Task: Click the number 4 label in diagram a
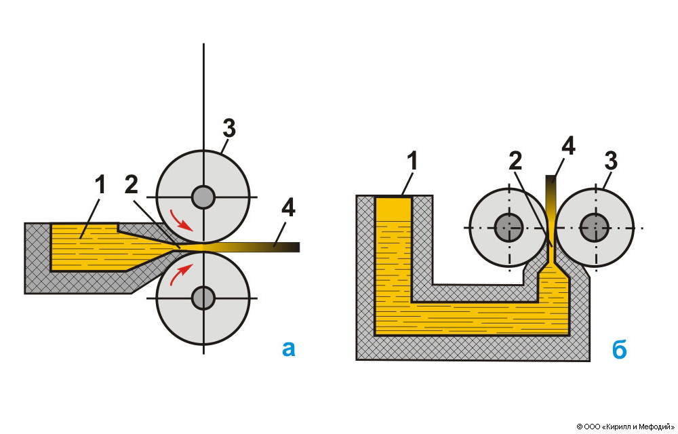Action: point(288,209)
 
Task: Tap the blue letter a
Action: point(289,349)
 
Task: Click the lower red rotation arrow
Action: point(181,274)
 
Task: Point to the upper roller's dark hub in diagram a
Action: point(203,197)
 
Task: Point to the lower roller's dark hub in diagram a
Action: point(203,297)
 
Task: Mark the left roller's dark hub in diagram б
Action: point(507,227)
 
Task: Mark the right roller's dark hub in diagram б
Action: point(595,227)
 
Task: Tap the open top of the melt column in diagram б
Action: point(394,199)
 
